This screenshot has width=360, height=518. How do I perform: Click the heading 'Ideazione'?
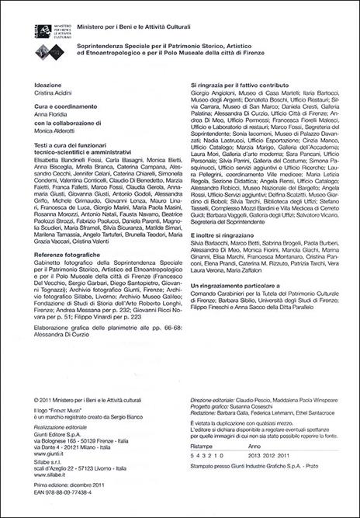point(50,83)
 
